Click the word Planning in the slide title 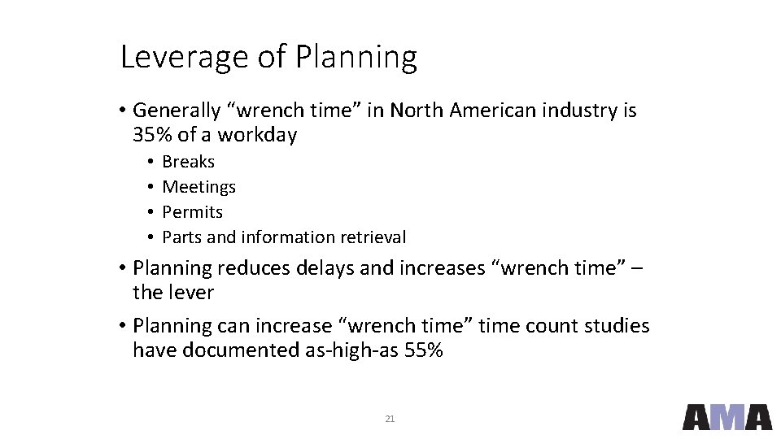pos(356,58)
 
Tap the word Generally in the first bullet pos(177,111)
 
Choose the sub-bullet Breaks pos(189,162)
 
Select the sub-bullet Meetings pos(199,187)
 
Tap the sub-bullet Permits pos(193,212)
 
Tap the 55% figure pos(423,350)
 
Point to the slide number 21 pos(390,419)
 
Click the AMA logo pos(726,416)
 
